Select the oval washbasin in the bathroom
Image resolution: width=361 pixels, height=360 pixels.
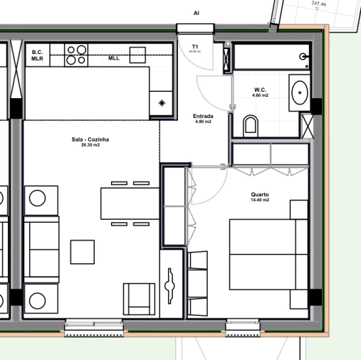[x=299, y=91]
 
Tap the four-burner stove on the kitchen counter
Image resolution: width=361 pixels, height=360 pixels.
[x=76, y=55]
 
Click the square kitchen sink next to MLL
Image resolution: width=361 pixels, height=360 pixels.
[x=136, y=55]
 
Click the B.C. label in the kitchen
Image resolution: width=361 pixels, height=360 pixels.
[x=38, y=52]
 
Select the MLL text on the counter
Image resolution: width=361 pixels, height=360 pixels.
[x=114, y=58]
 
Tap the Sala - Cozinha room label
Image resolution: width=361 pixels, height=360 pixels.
[x=90, y=139]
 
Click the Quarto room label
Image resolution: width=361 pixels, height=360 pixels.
[x=259, y=194]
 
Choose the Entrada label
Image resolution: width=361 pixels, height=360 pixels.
[x=204, y=116]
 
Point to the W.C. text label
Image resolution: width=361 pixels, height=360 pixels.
[x=260, y=90]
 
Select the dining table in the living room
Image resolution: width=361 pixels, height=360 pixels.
[x=130, y=203]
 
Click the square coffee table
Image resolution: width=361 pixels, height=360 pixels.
[x=83, y=252]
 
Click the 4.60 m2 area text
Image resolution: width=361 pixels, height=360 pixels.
[x=260, y=95]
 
